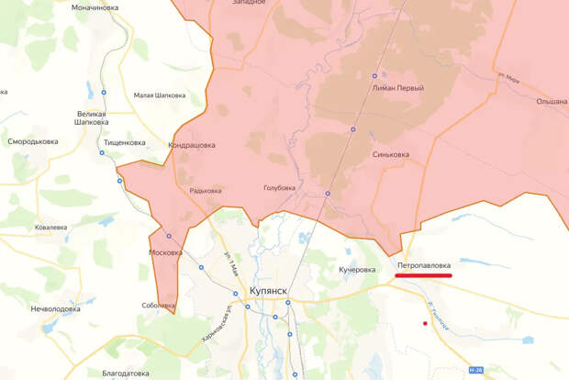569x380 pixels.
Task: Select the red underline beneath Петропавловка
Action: click(430, 274)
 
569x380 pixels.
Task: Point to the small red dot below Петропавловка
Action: click(424, 323)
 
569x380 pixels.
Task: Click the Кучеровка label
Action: click(357, 270)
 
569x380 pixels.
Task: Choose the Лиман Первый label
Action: click(399, 88)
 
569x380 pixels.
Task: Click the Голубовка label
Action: click(279, 187)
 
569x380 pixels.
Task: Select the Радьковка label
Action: click(206, 191)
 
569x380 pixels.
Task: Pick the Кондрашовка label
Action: click(193, 145)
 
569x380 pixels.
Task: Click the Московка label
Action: click(165, 251)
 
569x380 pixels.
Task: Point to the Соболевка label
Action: click(159, 305)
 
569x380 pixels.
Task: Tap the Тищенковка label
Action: click(125, 142)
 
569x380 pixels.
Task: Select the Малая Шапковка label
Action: click(160, 95)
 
